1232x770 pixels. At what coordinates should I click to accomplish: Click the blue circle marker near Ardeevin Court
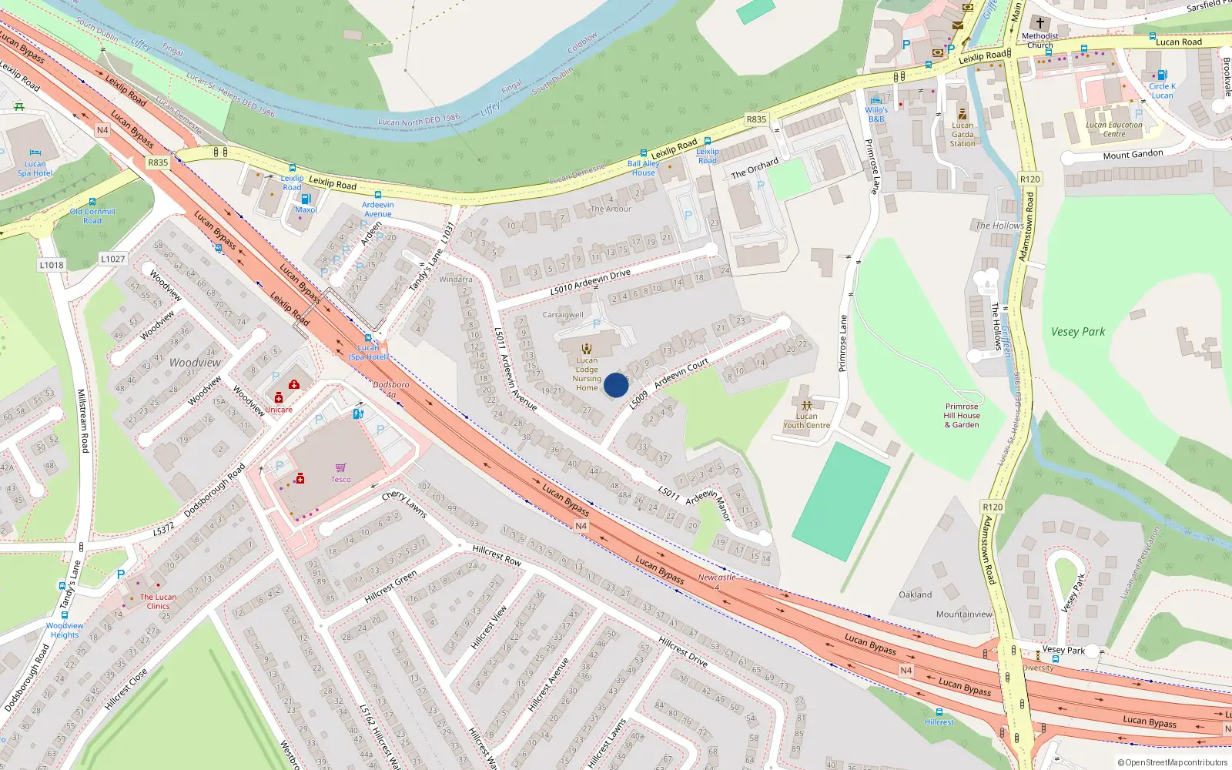click(x=615, y=385)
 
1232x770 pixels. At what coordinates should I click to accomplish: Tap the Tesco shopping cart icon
click(x=340, y=467)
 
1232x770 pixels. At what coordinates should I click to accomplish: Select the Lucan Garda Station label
click(x=962, y=135)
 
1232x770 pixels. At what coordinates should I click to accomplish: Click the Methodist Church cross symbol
click(x=1039, y=23)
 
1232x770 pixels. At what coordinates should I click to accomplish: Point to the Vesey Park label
click(x=1077, y=332)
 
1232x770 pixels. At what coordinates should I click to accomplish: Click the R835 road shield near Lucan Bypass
click(x=158, y=162)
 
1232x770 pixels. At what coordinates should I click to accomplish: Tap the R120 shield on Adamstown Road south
click(x=993, y=507)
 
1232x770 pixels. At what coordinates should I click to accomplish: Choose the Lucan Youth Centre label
click(x=806, y=420)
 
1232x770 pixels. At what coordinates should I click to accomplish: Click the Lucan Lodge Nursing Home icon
click(x=587, y=349)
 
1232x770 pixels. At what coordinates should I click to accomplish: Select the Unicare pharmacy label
click(x=279, y=410)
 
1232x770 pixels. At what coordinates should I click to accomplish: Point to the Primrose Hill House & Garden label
click(x=962, y=416)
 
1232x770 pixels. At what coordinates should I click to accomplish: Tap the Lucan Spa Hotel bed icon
click(x=35, y=153)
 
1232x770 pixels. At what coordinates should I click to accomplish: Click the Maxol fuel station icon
click(x=306, y=199)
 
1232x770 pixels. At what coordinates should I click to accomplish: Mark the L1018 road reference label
click(x=52, y=265)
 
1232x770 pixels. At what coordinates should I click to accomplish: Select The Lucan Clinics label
click(x=158, y=601)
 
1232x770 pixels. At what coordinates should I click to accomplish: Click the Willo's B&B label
click(x=876, y=115)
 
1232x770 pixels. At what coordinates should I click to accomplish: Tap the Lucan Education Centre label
click(x=1114, y=129)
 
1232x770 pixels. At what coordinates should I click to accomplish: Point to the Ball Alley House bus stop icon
click(x=644, y=154)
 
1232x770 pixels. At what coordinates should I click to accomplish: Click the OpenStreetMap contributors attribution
click(x=1172, y=763)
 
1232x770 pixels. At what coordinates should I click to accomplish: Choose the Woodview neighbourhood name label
click(x=195, y=363)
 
